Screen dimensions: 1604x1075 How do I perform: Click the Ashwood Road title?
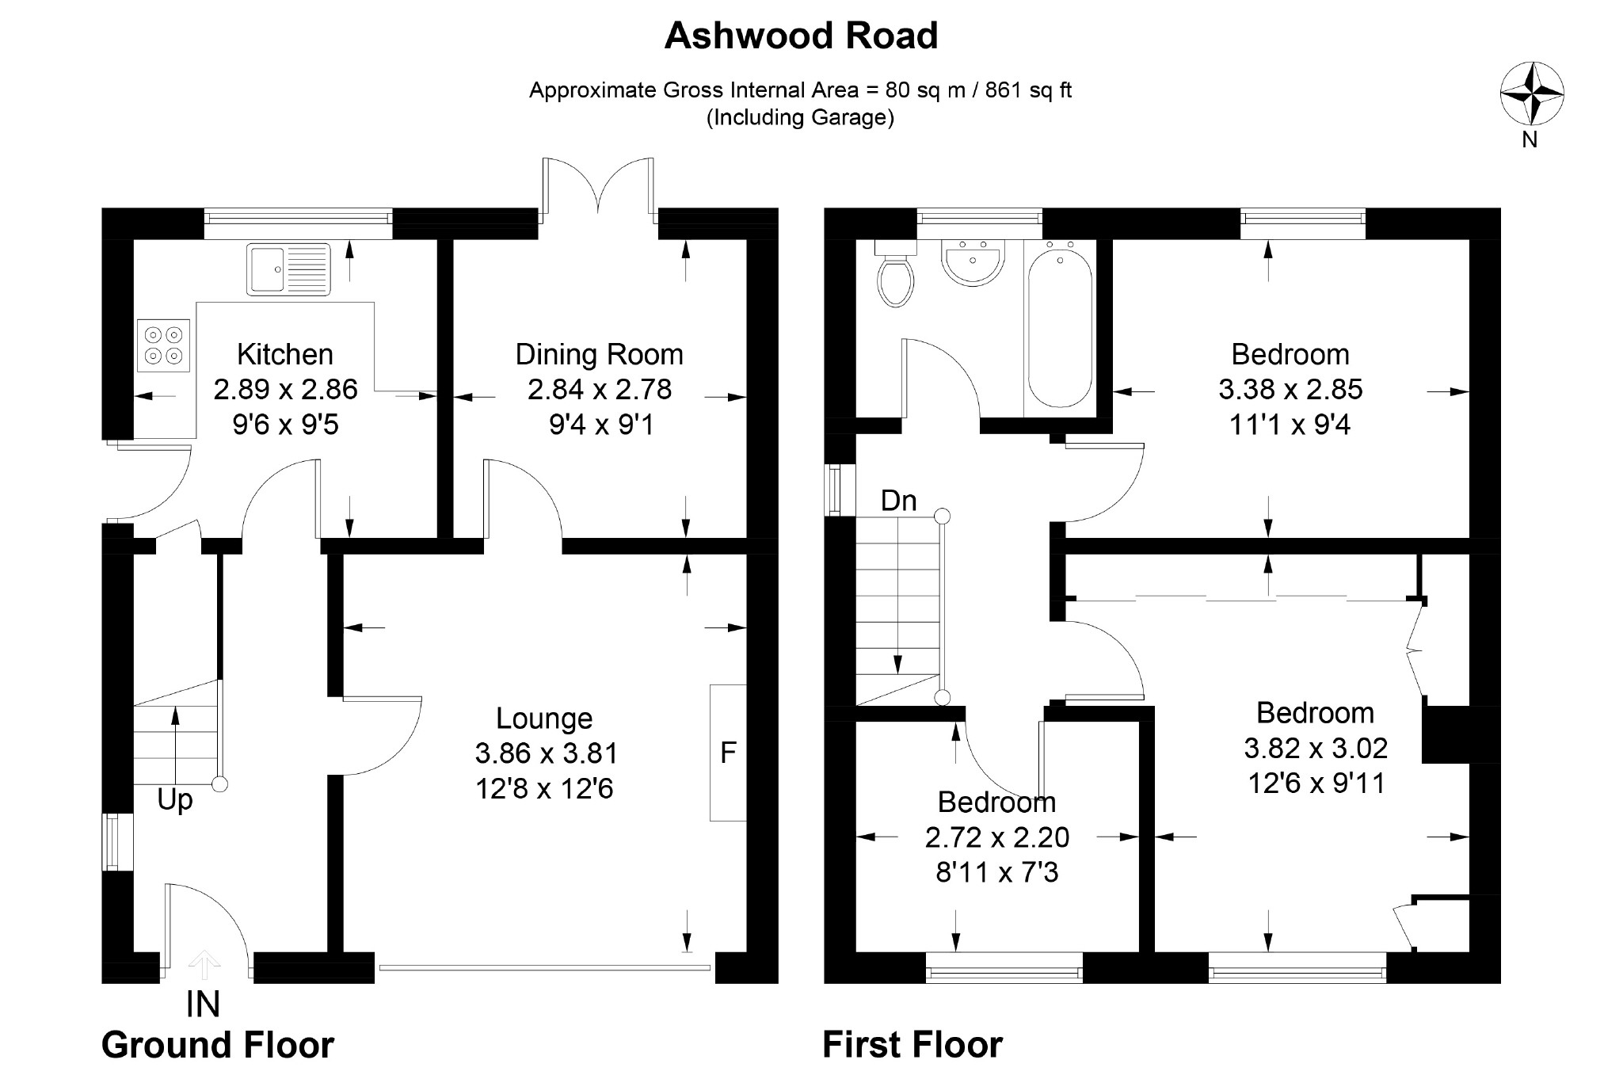pos(801,36)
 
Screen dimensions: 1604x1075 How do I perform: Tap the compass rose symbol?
pos(1532,93)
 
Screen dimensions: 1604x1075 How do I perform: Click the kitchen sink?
pos(288,269)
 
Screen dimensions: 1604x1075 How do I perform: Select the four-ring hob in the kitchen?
pos(164,345)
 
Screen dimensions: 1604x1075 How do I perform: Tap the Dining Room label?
pos(599,354)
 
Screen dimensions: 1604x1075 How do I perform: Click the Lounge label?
pos(544,719)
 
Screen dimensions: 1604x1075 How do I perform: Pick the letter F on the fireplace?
pos(728,752)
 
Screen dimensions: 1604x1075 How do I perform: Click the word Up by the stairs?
pos(175,800)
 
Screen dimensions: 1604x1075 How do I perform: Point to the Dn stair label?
pos(899,501)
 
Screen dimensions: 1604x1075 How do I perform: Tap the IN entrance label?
pos(203,1004)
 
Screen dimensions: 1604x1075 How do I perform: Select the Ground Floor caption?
pos(218,1045)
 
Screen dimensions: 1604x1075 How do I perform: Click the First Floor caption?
pos(912,1045)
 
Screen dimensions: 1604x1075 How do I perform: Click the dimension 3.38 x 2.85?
pos(1290,390)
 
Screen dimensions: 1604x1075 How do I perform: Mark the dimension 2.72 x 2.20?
pos(997,837)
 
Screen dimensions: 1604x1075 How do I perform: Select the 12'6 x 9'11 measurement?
pos(1316,783)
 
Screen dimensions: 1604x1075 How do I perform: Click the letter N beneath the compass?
pos(1530,139)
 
